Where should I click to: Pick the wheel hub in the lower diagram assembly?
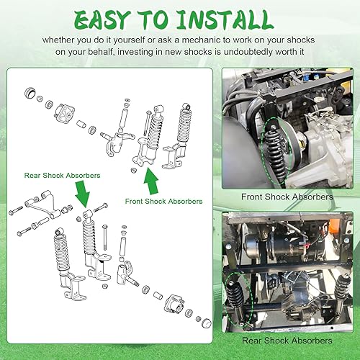tap(172, 302)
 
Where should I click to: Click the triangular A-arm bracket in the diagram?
tap(43, 202)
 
